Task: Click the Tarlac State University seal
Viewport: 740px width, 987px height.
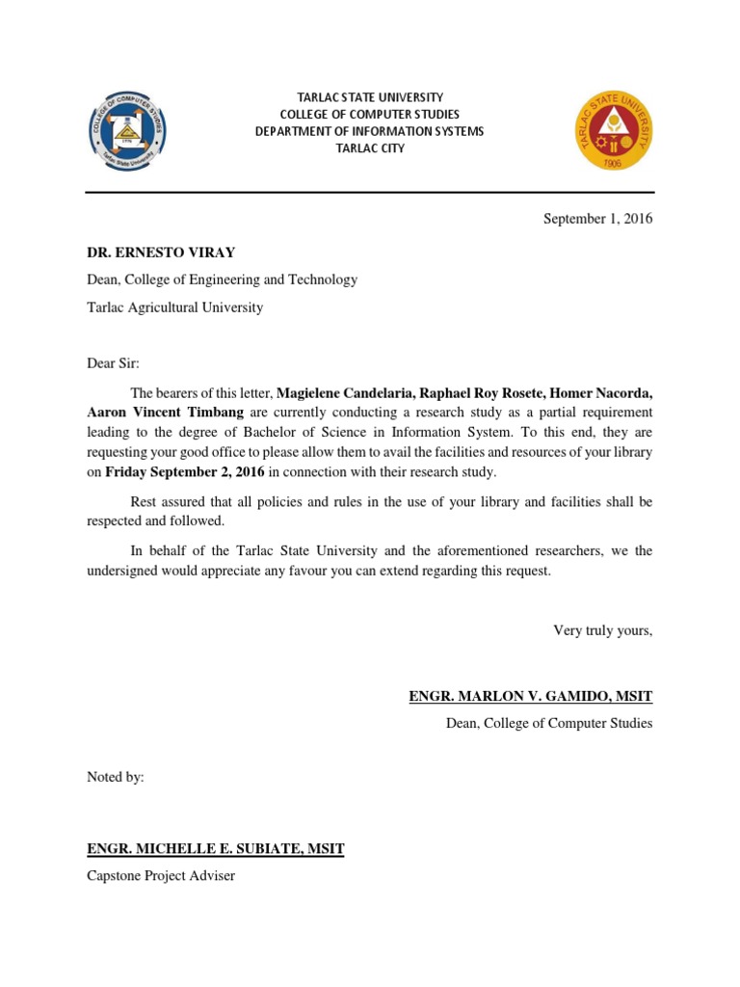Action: [613, 130]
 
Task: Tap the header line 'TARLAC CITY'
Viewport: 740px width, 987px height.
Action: [370, 148]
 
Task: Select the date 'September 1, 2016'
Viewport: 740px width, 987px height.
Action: [597, 219]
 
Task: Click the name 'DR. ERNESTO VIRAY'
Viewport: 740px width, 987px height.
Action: [161, 253]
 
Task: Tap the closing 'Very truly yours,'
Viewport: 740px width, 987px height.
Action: [602, 630]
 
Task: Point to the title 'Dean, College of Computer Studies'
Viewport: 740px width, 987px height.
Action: [549, 723]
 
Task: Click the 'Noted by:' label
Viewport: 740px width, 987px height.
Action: [116, 777]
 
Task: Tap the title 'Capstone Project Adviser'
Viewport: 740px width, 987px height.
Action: [161, 876]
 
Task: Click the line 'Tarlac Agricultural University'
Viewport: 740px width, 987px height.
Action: [174, 307]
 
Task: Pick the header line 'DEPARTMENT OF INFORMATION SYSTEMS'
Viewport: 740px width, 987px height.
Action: [370, 131]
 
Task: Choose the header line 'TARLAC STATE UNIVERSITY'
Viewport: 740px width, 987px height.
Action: [370, 97]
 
